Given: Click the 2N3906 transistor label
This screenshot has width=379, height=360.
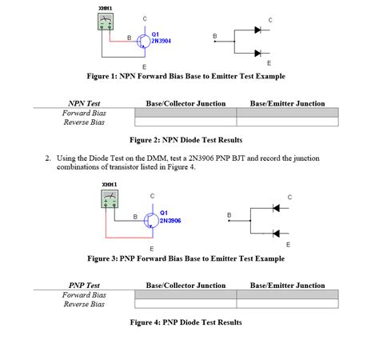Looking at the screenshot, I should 170,220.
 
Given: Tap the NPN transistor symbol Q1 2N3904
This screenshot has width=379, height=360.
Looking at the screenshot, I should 143,38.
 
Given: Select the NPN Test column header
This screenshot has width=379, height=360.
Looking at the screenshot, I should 85,103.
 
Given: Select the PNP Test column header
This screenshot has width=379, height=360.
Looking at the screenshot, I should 85,286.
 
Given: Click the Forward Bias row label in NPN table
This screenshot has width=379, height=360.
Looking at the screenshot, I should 84,113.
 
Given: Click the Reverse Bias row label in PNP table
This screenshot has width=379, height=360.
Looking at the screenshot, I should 84,304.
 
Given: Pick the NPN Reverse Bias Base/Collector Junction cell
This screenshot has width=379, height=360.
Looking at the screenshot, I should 186,122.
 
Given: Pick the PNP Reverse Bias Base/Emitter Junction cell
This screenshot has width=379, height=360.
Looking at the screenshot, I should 287,304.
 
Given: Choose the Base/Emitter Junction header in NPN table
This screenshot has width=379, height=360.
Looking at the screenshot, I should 287,103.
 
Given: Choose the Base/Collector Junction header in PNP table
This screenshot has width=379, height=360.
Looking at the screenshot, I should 186,286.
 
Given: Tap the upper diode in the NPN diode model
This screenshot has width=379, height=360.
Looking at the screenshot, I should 257,30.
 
